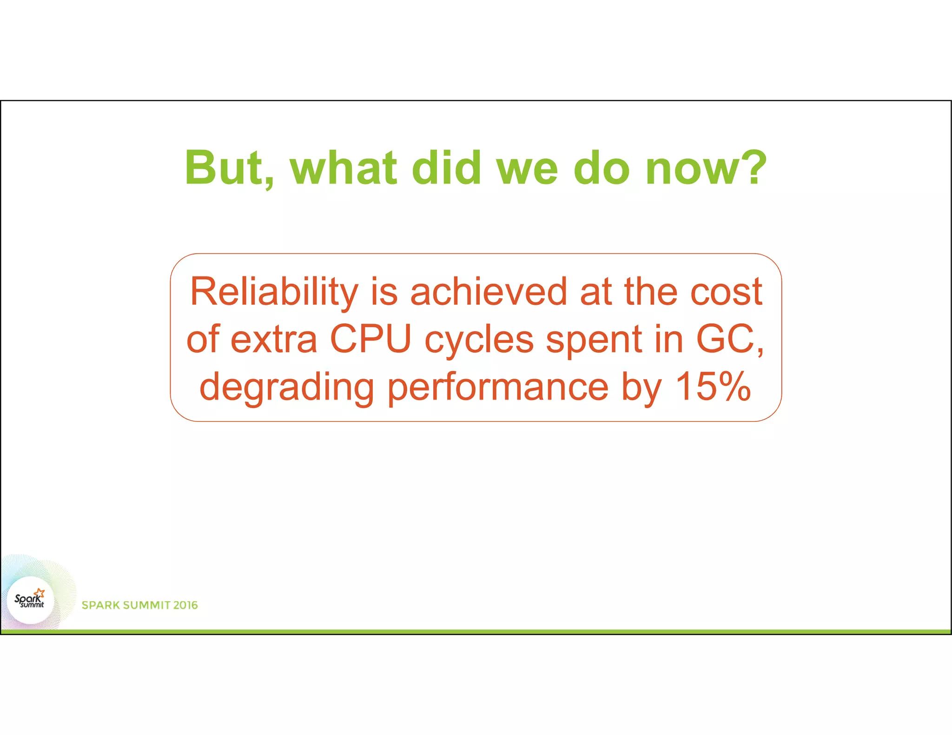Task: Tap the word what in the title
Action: coord(344,168)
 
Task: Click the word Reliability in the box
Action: coord(274,292)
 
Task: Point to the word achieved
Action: coord(488,292)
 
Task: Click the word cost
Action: coord(726,292)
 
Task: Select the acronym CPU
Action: coord(370,339)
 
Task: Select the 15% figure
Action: coord(713,387)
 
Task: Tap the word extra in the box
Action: coord(274,339)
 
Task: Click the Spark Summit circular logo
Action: coord(31,600)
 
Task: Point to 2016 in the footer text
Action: coord(185,605)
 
